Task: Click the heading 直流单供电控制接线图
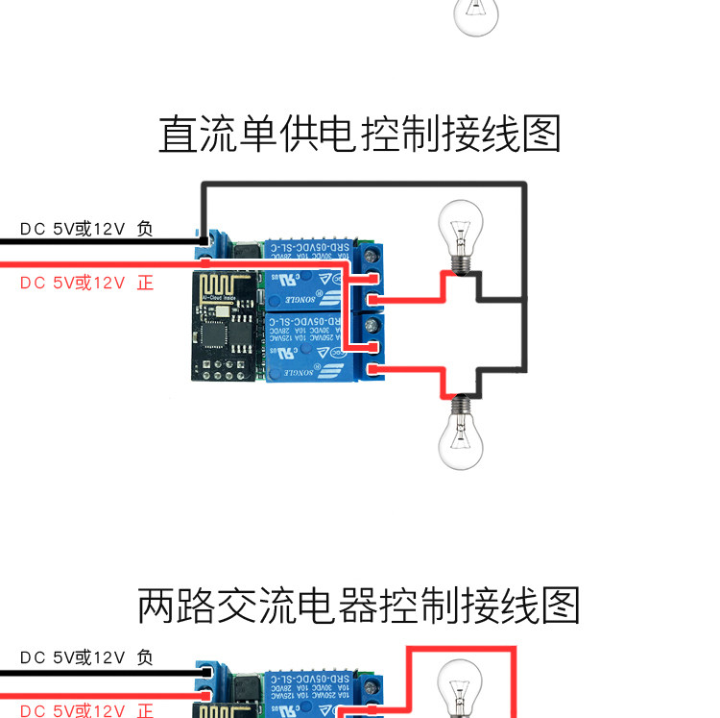tap(359, 135)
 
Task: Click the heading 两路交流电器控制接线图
tap(359, 606)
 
